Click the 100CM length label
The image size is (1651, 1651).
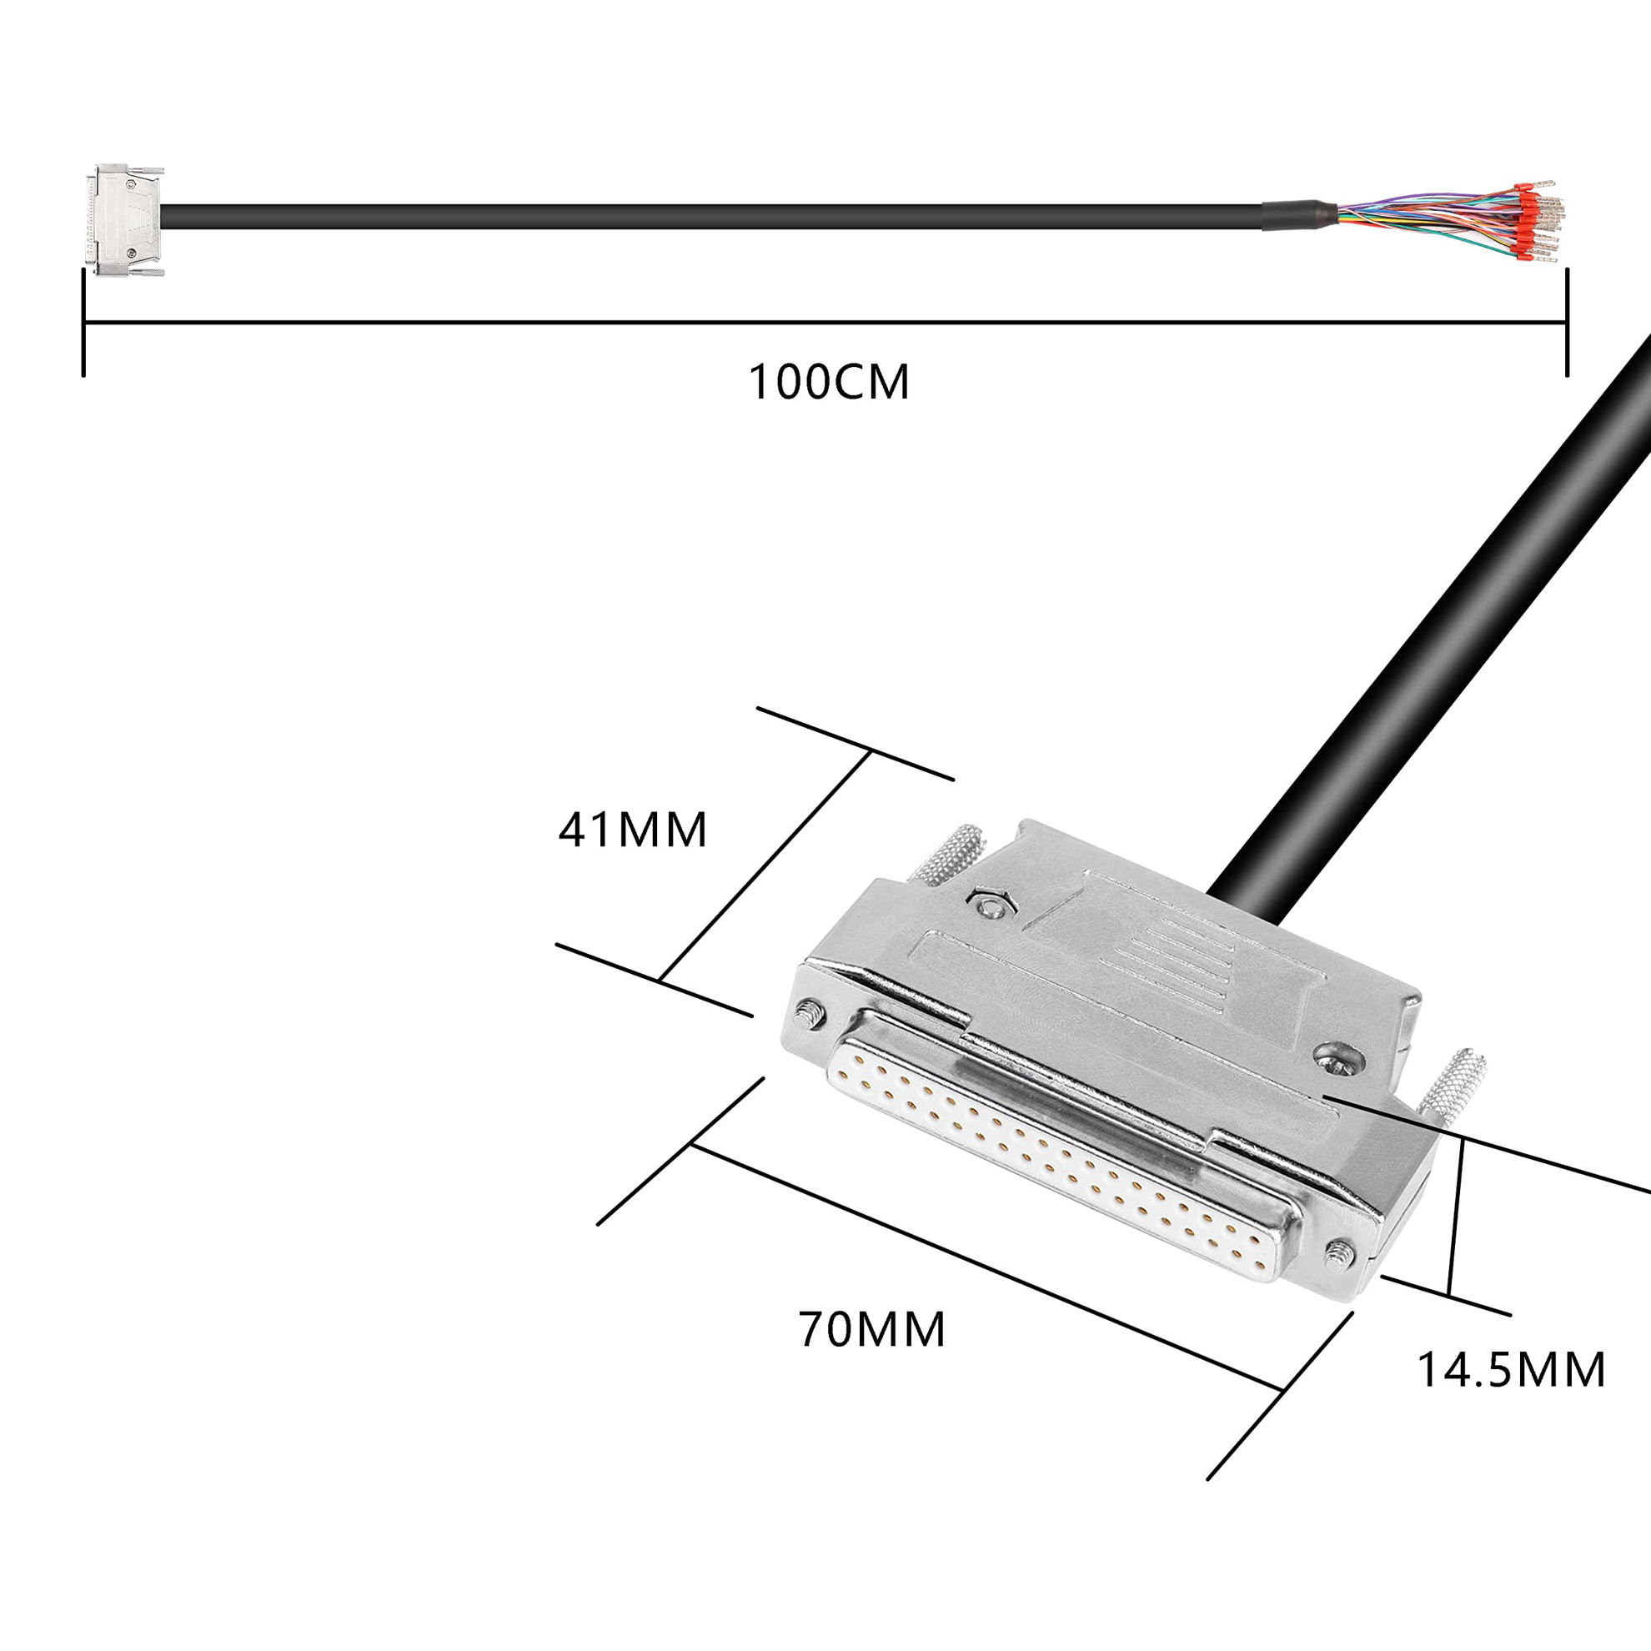tap(829, 382)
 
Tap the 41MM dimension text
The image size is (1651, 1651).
tap(633, 829)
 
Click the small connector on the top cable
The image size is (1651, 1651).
tap(126, 219)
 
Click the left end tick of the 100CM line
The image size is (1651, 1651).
tap(83, 323)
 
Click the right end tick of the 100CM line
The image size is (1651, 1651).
tap(1567, 323)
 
